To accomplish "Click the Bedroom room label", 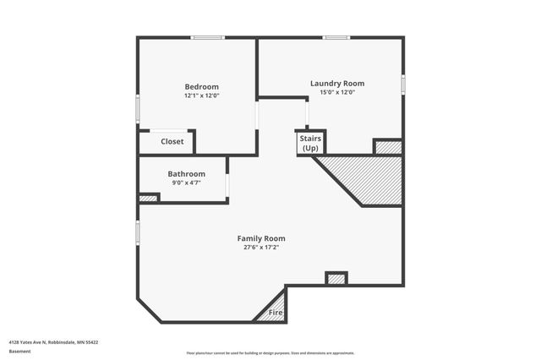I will pos(202,86).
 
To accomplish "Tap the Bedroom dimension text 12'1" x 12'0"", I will pos(202,95).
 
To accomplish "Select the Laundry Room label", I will pos(337,83).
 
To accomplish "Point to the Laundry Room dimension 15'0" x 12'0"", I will pos(337,92).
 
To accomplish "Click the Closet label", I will pos(172,142).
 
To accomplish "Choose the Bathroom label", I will pos(187,173).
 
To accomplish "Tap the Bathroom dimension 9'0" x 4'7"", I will pos(187,183).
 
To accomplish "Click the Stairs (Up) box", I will pos(310,143).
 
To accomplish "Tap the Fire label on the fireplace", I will pos(275,314).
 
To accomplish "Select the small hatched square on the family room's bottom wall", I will pos(336,278).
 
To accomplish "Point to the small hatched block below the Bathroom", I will pos(148,199).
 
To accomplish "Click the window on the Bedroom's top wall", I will pos(207,37).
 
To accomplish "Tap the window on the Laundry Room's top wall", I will pos(337,37).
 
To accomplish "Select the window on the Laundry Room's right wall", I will pos(403,85).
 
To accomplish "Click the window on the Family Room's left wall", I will pos(138,232).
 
